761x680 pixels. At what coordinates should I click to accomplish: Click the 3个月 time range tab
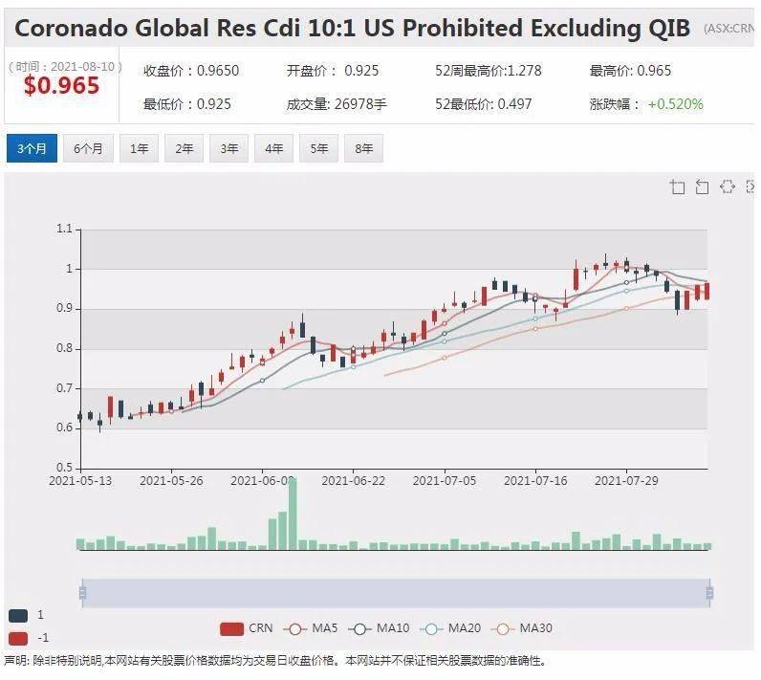(32, 149)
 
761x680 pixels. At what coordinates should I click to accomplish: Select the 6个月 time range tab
(88, 149)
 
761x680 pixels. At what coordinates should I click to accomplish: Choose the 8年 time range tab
(363, 149)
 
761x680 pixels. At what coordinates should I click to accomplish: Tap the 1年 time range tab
(139, 149)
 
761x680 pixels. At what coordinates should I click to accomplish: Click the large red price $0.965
(61, 86)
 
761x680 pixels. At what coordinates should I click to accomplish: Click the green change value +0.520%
(675, 103)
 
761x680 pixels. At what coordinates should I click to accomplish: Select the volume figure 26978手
(361, 103)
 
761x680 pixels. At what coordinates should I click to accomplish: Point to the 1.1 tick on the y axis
(64, 229)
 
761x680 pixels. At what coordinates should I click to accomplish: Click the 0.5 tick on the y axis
(64, 468)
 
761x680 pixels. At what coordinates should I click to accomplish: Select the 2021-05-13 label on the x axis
(80, 481)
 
